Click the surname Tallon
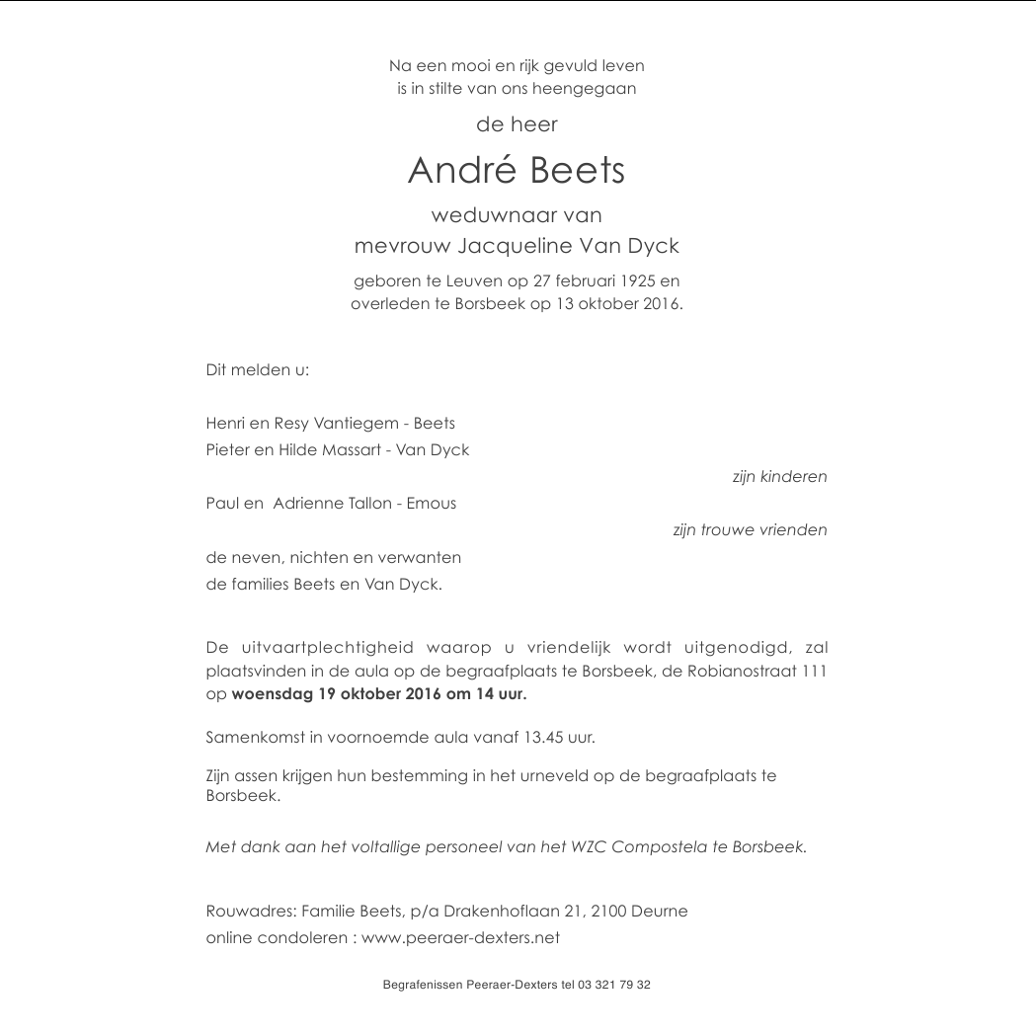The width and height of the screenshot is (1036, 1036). pos(370,504)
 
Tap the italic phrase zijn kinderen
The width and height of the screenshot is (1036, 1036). pos(779,477)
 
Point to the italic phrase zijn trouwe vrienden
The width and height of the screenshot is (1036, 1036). pos(750,530)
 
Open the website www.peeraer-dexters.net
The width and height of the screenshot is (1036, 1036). pos(460,938)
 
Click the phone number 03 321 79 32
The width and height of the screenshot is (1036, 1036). pos(614,985)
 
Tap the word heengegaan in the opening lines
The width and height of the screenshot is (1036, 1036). pos(584,89)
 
